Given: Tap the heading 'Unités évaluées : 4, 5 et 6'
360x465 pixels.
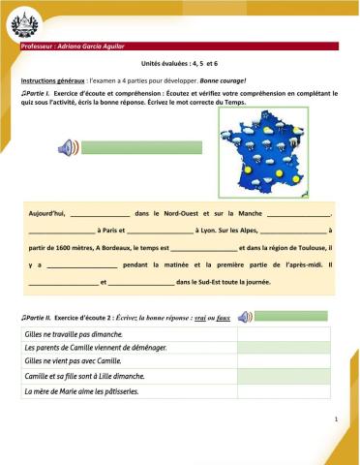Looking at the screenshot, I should (180, 61).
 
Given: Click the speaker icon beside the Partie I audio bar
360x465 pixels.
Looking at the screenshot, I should (66, 147).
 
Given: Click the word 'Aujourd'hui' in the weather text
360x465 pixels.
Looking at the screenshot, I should (46, 210).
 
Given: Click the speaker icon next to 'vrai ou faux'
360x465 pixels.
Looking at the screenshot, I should (245, 316).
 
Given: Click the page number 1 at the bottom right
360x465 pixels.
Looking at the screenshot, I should (333, 418).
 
